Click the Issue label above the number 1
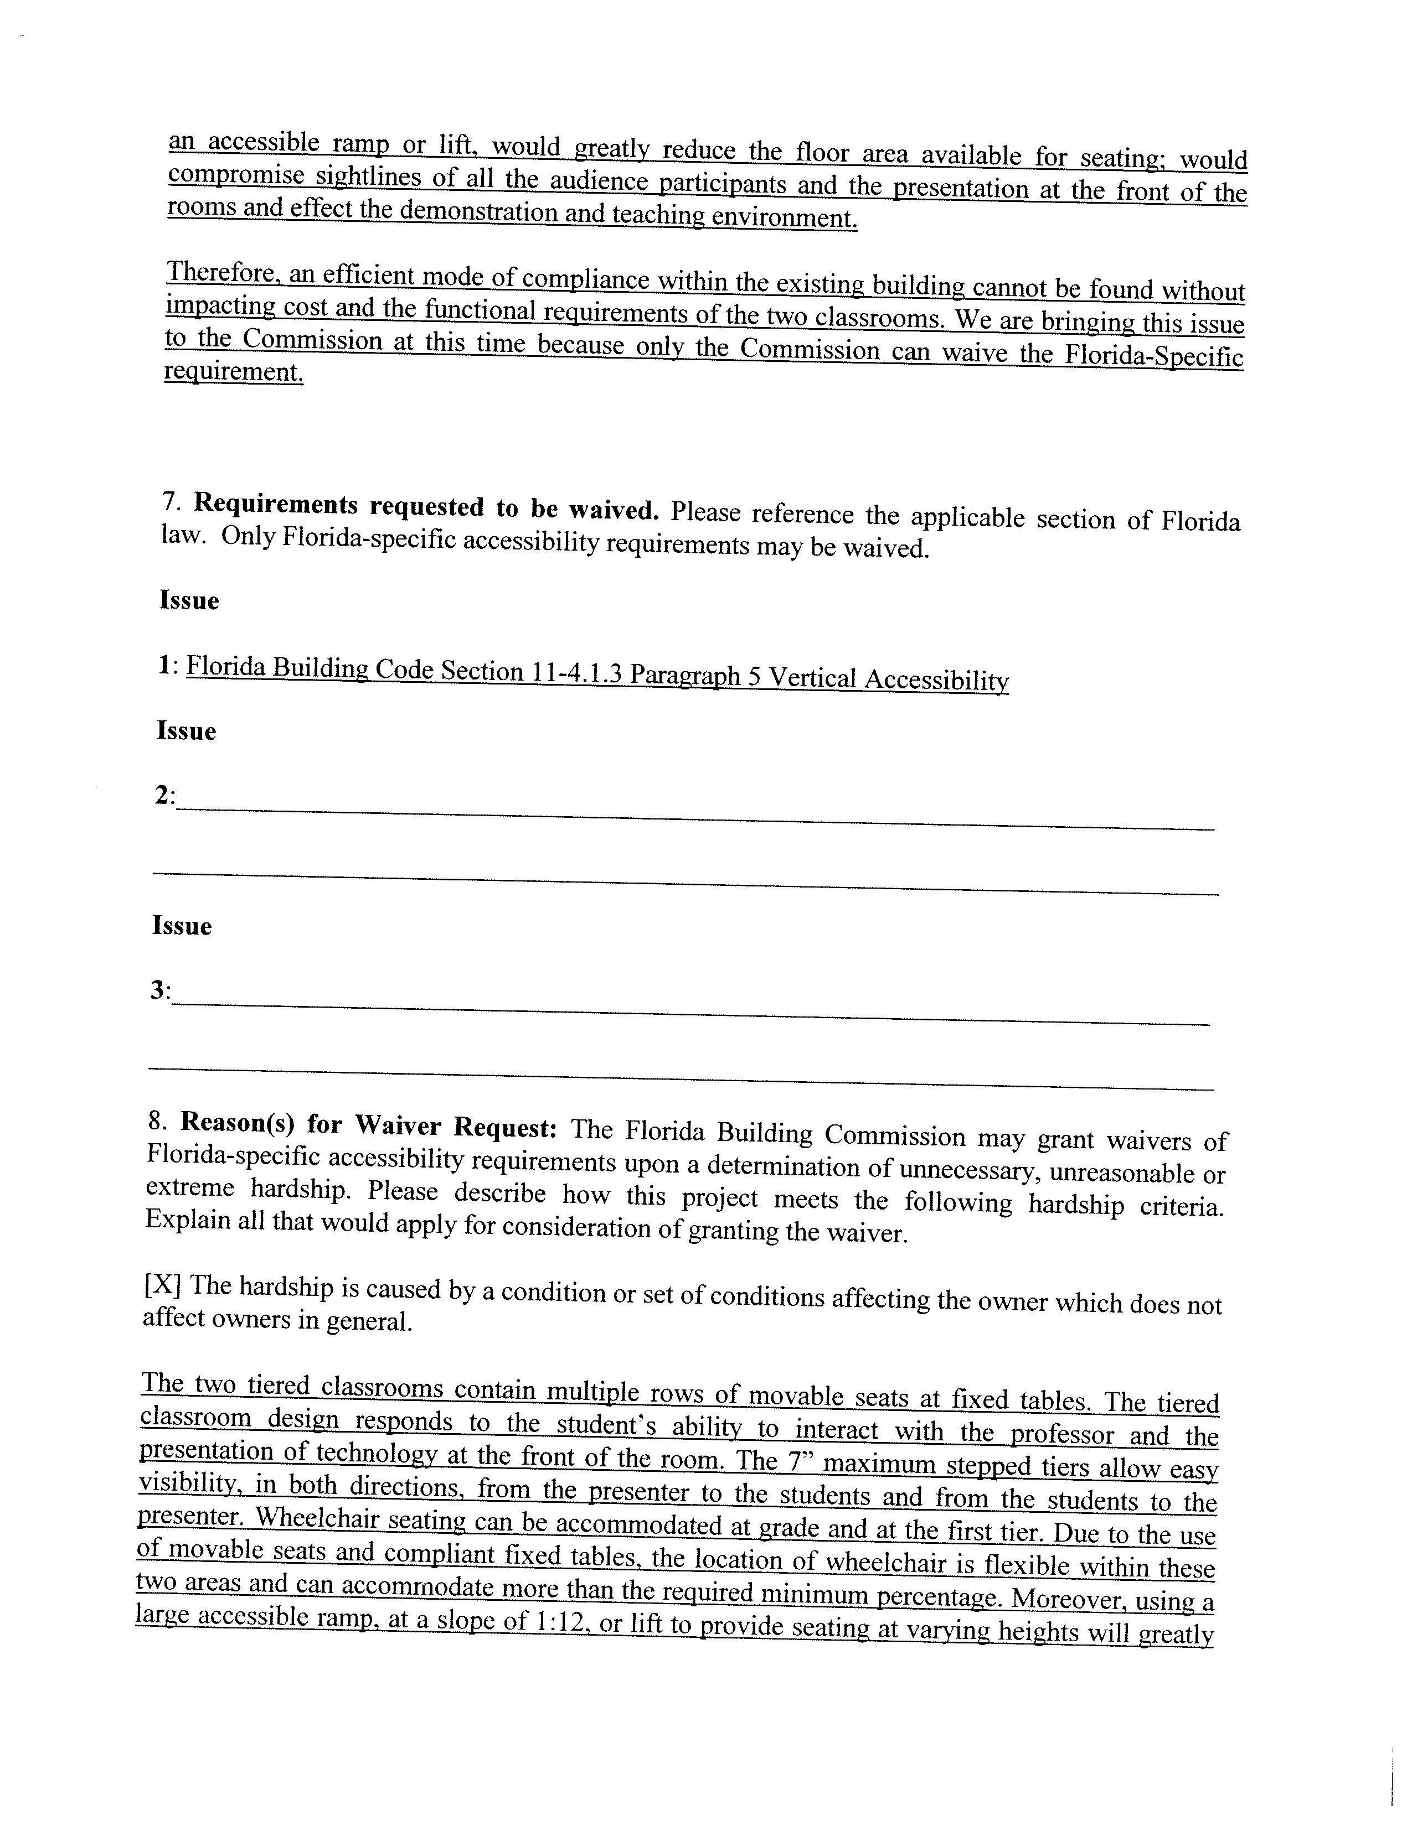click(189, 601)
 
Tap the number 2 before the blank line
click(162, 795)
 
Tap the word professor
click(1063, 1435)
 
